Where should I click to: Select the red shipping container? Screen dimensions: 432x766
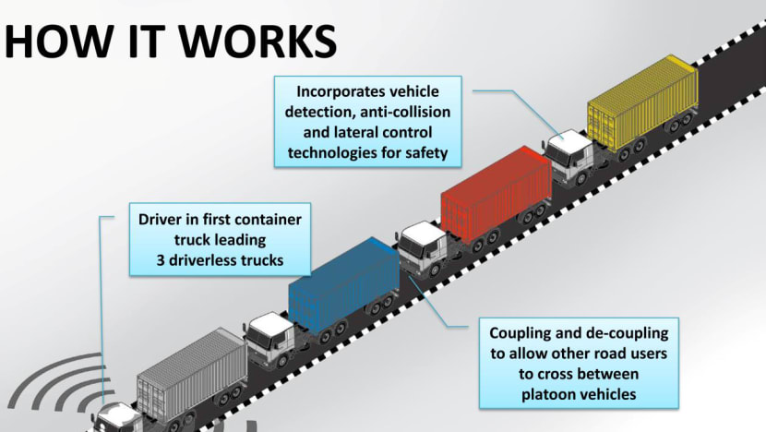(495, 194)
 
